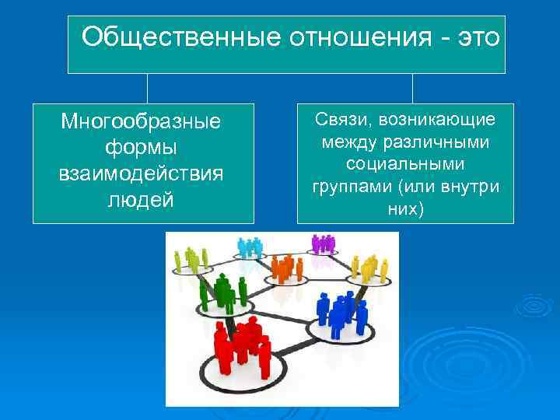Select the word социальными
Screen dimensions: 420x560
pyautogui.click(x=405, y=165)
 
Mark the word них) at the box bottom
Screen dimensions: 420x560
pyautogui.click(x=405, y=209)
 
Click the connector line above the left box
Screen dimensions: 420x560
pyautogui.click(x=147, y=88)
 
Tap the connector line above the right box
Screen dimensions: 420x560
pyautogui.click(x=412, y=88)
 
